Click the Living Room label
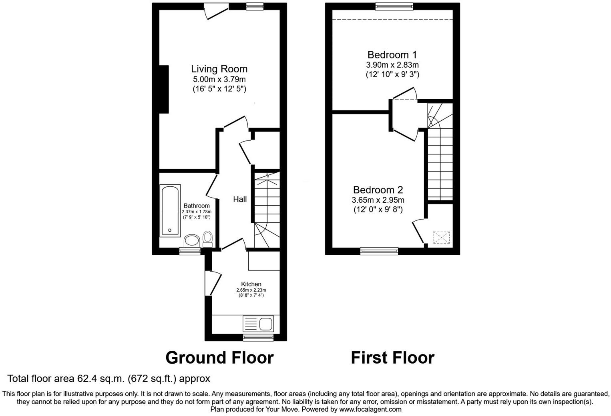tap(219, 69)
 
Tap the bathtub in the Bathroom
tap(170, 211)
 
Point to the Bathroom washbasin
tap(192, 241)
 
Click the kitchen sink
tap(266, 323)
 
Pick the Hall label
tap(240, 199)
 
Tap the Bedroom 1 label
tap(392, 55)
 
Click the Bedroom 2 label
tap(378, 190)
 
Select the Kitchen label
tap(251, 284)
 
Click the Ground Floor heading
tap(219, 358)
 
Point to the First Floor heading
tap(392, 358)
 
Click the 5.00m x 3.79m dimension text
tap(219, 80)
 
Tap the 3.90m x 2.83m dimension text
tap(392, 65)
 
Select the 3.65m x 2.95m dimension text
tap(378, 200)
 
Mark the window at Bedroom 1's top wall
tap(394, 6)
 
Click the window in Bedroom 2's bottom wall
tap(379, 251)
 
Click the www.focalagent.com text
tap(370, 410)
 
